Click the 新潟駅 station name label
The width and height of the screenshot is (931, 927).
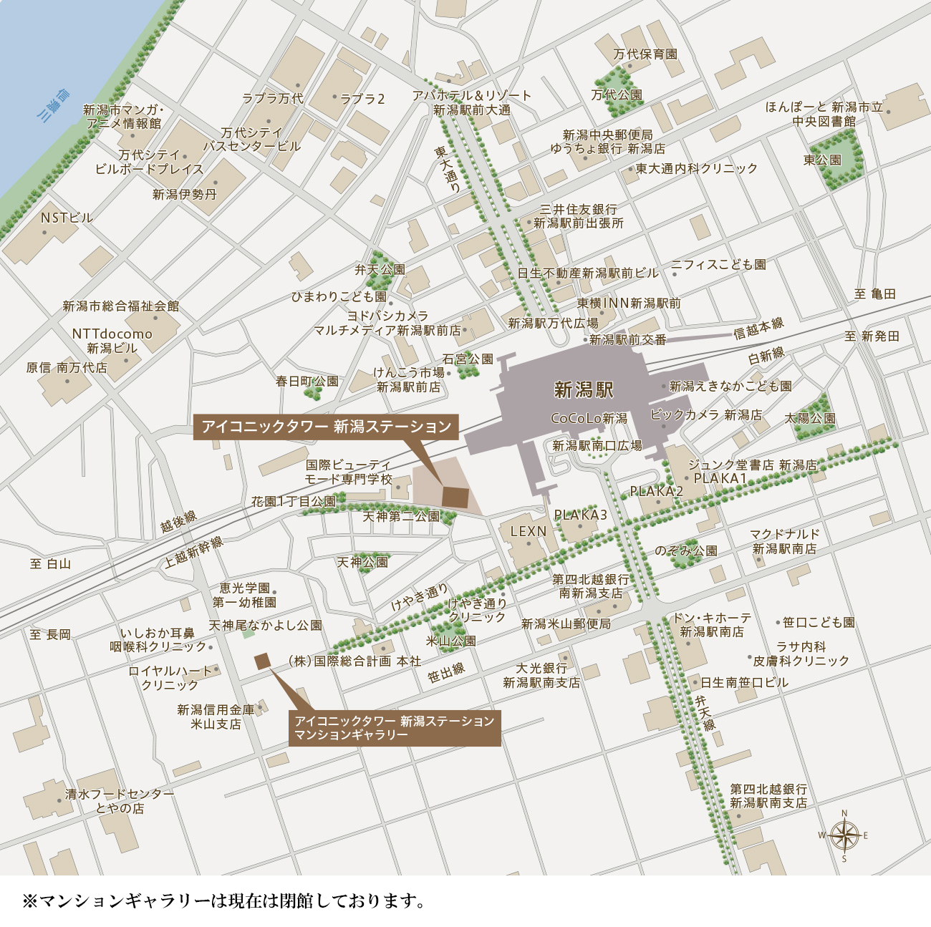[x=584, y=390]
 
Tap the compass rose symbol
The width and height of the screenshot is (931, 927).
[x=844, y=835]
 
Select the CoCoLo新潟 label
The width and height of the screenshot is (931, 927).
[x=589, y=419]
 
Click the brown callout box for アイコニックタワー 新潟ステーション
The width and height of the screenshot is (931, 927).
[x=327, y=427]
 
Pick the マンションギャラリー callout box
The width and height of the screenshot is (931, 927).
[x=395, y=728]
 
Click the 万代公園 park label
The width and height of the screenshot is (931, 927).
[x=617, y=95]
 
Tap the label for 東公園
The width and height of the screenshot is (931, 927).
[x=822, y=160]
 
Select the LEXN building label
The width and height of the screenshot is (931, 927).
[x=529, y=532]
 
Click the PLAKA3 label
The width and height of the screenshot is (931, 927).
[x=580, y=515]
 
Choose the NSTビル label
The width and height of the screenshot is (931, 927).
[x=67, y=218]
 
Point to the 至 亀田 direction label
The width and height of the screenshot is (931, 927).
[x=875, y=294]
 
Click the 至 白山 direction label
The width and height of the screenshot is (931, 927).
[x=51, y=564]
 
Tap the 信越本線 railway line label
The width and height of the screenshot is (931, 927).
[x=758, y=329]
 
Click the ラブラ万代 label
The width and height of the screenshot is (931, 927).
[x=272, y=99]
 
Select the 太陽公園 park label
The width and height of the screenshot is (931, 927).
[x=810, y=418]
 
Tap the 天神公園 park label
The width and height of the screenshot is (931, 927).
[x=362, y=563]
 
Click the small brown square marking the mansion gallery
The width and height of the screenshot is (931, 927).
[x=262, y=661]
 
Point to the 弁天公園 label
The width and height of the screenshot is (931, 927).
[x=380, y=270]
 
